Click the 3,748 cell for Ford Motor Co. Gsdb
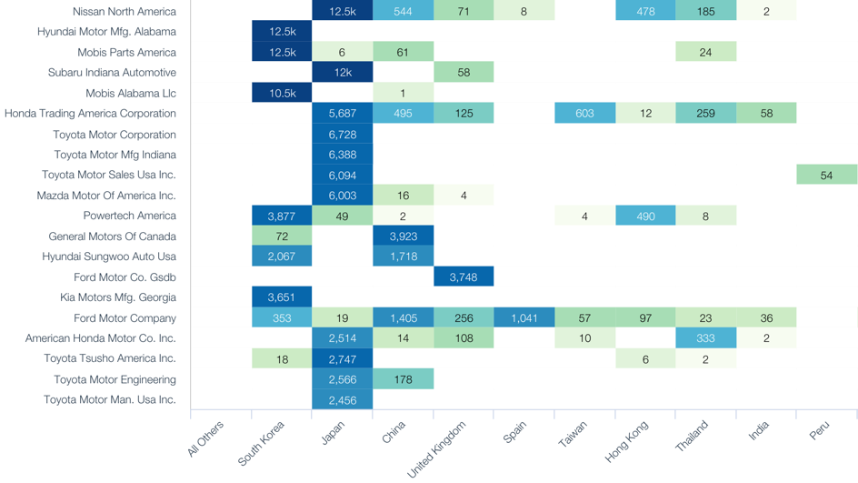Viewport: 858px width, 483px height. click(x=464, y=277)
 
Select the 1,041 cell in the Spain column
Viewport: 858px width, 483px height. click(x=524, y=317)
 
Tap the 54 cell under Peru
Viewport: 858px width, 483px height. click(x=826, y=175)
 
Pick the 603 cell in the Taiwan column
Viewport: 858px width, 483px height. click(x=584, y=114)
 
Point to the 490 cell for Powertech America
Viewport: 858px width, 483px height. click(x=645, y=216)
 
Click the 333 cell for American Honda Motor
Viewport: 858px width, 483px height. click(x=705, y=337)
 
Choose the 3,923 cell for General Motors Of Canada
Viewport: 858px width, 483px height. click(x=403, y=236)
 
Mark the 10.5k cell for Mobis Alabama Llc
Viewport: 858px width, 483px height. click(x=282, y=93)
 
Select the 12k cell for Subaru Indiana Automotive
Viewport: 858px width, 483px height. click(x=342, y=73)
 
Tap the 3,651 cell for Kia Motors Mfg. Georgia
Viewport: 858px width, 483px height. click(x=282, y=297)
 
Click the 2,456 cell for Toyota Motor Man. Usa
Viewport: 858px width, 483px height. click(x=342, y=399)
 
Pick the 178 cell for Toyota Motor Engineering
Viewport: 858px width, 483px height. click(x=403, y=379)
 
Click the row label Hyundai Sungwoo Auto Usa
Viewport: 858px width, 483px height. click(x=109, y=257)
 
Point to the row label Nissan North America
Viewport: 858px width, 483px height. click(x=125, y=12)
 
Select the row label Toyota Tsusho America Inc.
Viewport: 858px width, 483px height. click(x=110, y=358)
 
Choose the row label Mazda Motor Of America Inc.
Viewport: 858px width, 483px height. click(x=106, y=196)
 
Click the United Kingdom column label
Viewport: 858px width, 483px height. click(x=439, y=448)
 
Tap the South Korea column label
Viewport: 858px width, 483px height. click(x=263, y=442)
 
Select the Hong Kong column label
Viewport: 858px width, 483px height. click(x=628, y=440)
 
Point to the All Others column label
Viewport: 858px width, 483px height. click(x=206, y=439)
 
